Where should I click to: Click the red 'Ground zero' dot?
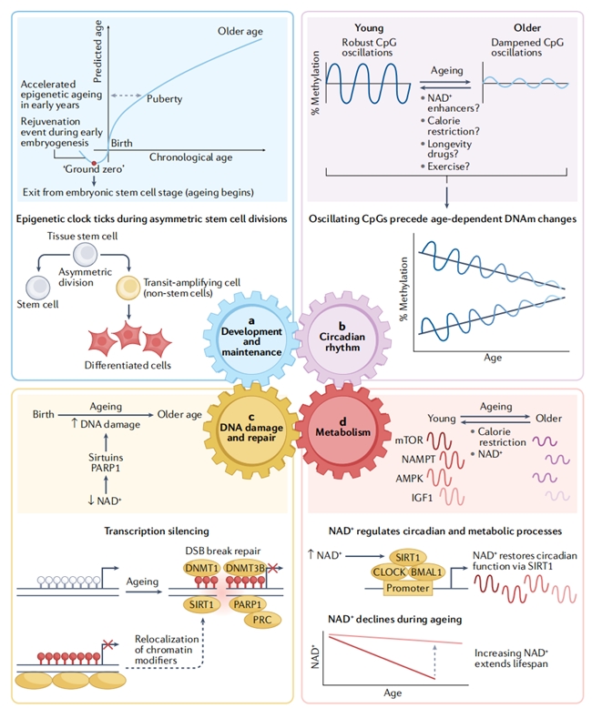point(94,163)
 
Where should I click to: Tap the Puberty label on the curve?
point(164,99)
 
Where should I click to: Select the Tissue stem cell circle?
point(85,254)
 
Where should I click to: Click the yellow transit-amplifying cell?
point(128,288)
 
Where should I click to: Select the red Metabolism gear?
point(342,430)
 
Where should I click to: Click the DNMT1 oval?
point(201,568)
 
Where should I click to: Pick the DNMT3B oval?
point(244,568)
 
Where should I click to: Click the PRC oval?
point(262,620)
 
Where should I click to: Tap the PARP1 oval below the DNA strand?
point(247,604)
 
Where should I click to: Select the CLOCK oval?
point(389,572)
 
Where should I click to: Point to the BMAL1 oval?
point(426,572)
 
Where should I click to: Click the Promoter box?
point(408,588)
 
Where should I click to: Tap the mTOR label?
point(409,440)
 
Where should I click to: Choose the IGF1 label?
point(422,498)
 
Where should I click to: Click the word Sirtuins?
point(106,458)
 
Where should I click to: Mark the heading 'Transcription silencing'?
point(157,531)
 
